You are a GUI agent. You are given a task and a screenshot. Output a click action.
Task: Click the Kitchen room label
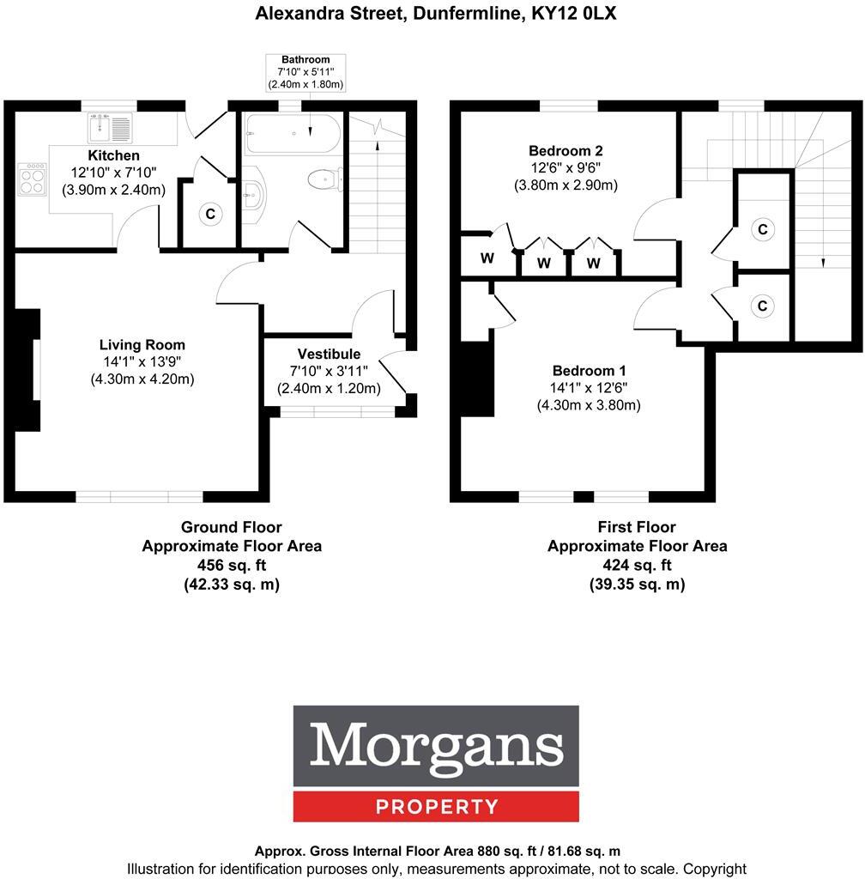tap(113, 155)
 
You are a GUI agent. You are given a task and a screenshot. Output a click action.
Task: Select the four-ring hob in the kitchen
tap(33, 180)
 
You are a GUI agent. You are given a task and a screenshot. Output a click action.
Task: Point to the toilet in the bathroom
tap(324, 179)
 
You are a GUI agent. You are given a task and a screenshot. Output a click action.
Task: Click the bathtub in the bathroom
tap(293, 134)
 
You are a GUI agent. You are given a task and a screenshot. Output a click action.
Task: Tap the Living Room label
tap(142, 345)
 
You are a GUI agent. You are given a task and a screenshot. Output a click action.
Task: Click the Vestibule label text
tap(329, 354)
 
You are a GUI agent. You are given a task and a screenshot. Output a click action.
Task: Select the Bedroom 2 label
tap(566, 151)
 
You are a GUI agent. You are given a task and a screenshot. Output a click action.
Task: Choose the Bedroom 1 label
tap(589, 371)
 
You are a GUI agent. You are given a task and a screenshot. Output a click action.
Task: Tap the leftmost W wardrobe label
tap(487, 258)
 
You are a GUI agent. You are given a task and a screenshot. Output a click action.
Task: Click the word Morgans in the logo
tap(436, 746)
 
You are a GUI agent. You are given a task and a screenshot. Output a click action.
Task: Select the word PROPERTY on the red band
tap(436, 807)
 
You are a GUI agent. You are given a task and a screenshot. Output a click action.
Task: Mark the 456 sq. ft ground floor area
tap(232, 565)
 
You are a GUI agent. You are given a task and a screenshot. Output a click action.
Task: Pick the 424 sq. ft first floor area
tap(637, 565)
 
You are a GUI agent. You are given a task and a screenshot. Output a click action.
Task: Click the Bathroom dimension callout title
tap(305, 59)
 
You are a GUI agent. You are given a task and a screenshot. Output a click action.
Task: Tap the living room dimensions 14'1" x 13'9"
tap(142, 362)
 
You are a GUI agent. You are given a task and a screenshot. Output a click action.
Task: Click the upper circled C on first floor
tap(761, 229)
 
